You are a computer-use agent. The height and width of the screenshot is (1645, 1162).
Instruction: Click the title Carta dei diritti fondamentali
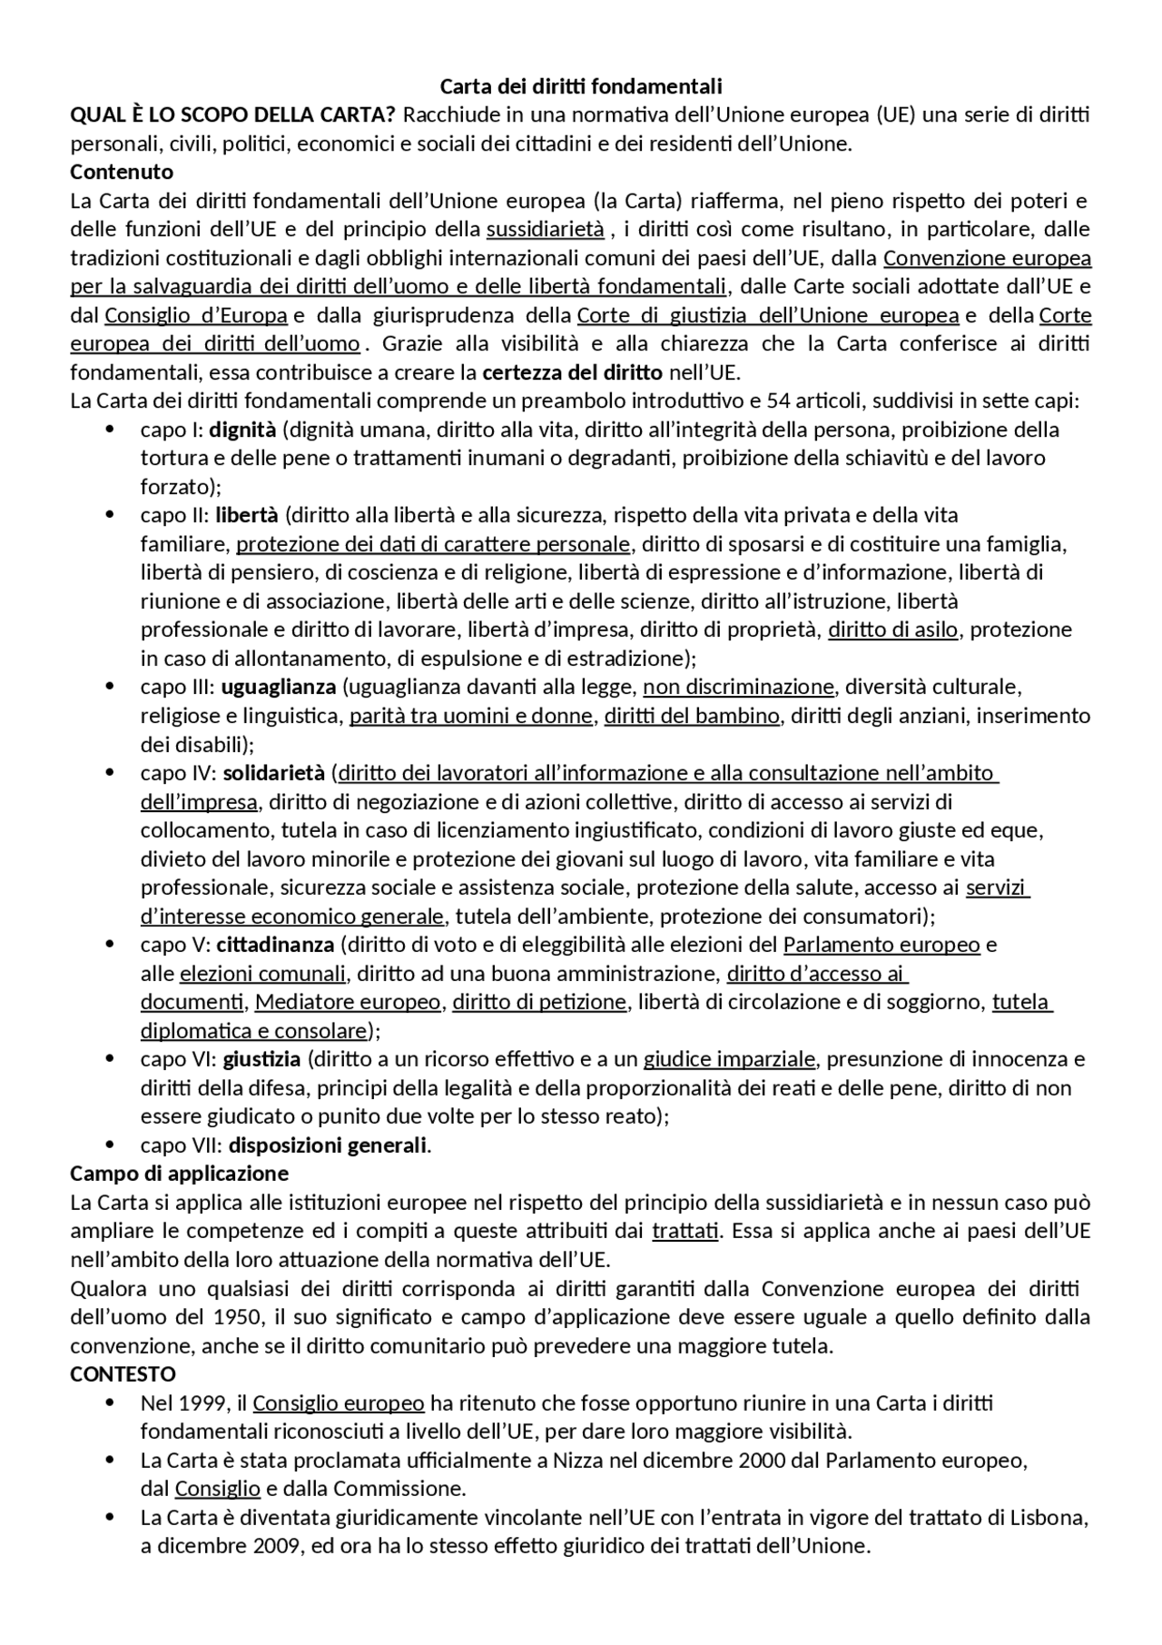[581, 86]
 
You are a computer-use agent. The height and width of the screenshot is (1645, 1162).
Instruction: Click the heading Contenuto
[122, 172]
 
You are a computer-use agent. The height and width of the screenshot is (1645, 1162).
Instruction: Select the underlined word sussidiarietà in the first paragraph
[545, 229]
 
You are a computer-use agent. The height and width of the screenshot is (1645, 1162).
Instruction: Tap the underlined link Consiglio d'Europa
[196, 315]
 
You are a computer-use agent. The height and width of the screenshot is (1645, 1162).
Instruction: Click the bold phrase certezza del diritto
[573, 372]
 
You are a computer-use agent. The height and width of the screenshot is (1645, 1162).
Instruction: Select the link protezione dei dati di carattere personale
[433, 544]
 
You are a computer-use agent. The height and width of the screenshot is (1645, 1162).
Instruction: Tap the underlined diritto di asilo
[892, 629]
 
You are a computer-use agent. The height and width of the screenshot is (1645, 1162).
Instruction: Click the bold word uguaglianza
[279, 687]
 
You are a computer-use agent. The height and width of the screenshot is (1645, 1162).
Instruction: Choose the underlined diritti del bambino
[692, 716]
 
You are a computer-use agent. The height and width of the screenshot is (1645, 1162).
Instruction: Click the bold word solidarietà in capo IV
[274, 773]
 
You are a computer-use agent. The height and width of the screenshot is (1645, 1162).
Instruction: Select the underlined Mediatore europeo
[348, 1002]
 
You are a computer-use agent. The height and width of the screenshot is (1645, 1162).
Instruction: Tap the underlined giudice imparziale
[730, 1059]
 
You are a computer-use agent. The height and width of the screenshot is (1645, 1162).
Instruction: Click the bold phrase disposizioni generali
[327, 1145]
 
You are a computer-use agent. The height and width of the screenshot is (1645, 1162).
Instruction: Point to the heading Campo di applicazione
[179, 1174]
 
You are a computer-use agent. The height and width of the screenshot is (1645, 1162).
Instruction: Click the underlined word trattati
[685, 1232]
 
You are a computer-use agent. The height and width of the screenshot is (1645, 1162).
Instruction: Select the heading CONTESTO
[123, 1374]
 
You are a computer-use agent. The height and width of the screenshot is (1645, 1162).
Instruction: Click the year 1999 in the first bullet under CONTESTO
[205, 1403]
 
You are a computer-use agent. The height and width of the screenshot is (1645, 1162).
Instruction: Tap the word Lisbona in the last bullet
[1050, 1518]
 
